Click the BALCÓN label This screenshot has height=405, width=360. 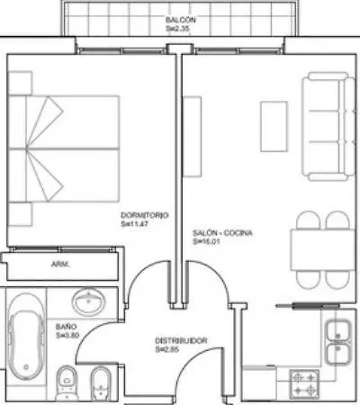pos(181,20)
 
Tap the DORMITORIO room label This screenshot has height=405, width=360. pos(144,215)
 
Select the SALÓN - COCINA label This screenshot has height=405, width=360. pos(222,233)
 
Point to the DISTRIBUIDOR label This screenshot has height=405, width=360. pos(181,341)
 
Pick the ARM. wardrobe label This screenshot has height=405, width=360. pos(60,265)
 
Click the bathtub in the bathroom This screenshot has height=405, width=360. pos(26,337)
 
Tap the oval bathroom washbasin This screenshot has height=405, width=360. pos(89,301)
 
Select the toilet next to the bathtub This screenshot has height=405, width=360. pos(67,382)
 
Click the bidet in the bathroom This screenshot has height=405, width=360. pos(101,383)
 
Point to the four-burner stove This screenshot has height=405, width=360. pos(304,384)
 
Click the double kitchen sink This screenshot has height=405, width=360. pos(338,342)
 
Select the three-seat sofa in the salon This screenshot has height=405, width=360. pos(328,126)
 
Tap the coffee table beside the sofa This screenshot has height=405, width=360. pos(274,126)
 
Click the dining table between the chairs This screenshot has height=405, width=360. pos(322,249)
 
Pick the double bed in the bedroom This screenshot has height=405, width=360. pos(64,148)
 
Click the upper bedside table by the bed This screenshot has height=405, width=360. pos(20,83)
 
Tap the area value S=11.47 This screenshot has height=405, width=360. pos(135,224)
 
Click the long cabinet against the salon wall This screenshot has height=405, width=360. pos(192,137)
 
